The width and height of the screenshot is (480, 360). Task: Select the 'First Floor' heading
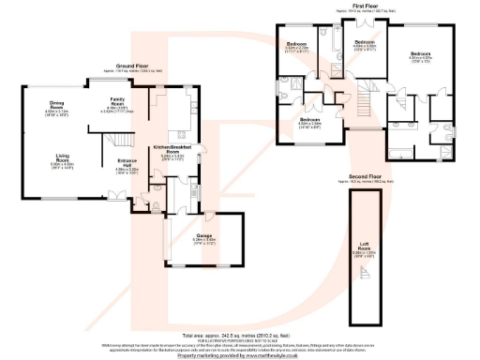(365, 5)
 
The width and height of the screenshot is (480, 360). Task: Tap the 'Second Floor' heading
(362, 176)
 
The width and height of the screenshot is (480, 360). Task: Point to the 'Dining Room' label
(56, 105)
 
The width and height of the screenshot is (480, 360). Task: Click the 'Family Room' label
(117, 101)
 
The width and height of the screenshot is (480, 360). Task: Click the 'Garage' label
(203, 235)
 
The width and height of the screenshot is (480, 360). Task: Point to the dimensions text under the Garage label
(203, 241)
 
